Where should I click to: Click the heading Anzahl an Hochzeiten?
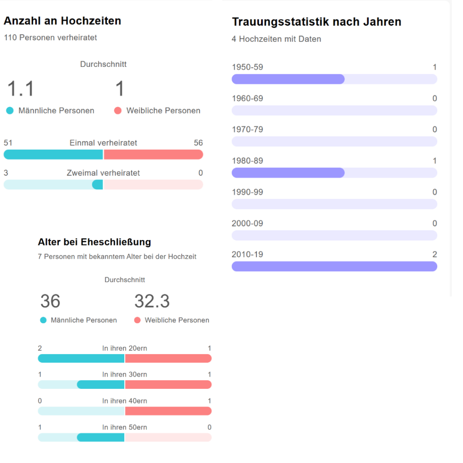(62, 21)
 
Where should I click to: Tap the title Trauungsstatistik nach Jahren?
(317, 22)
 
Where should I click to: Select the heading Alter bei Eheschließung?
(94, 242)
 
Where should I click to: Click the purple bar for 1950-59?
(288, 79)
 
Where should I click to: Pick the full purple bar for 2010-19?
(334, 266)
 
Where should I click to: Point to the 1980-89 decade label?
(247, 161)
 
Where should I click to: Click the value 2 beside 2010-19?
(435, 255)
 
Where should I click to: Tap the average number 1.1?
(20, 89)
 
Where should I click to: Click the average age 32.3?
(152, 301)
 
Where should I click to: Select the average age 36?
(50, 301)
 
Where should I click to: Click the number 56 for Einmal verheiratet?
(198, 143)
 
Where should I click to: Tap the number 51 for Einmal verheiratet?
(8, 143)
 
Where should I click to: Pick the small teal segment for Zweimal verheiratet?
(97, 184)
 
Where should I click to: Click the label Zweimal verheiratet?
(103, 173)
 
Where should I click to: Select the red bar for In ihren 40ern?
(168, 411)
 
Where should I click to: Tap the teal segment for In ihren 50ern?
(100, 437)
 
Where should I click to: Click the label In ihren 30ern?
(124, 375)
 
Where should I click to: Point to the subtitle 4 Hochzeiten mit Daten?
(276, 39)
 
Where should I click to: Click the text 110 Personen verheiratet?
(50, 38)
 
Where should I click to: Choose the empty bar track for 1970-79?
(334, 142)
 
